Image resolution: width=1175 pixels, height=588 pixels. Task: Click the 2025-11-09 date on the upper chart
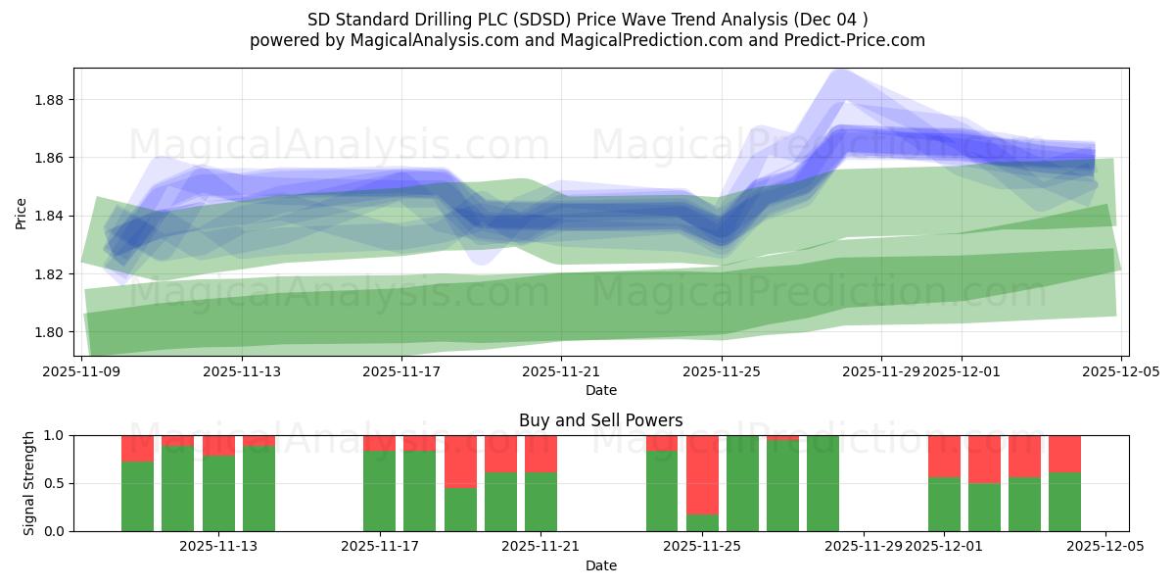[81, 372]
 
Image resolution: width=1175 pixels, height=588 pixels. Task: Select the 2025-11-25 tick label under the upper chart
[722, 372]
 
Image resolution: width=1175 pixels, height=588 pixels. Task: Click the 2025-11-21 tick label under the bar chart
[540, 547]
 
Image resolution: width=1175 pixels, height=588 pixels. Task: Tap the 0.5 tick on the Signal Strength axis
[55, 483]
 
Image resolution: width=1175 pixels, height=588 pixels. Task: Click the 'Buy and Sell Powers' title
[600, 420]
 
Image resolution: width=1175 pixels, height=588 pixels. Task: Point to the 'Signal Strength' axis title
[29, 483]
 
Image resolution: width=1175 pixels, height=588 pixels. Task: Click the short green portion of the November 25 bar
[702, 522]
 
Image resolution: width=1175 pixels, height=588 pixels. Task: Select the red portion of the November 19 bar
[460, 462]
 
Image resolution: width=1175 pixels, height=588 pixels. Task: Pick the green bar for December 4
[1064, 502]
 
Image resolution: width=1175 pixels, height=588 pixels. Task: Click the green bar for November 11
[177, 488]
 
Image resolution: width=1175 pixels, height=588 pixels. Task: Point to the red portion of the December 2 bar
[984, 459]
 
